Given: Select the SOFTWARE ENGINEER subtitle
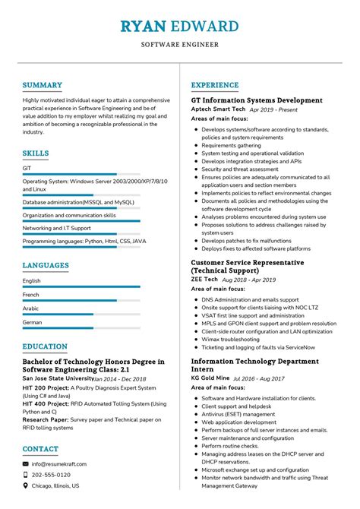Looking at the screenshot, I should (179, 45).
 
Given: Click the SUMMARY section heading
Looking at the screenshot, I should (42, 85).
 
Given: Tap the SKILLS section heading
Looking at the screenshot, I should (36, 153).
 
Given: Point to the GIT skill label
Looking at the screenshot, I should (27, 168).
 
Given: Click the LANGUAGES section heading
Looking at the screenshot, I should (46, 266).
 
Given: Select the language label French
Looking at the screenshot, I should (31, 295).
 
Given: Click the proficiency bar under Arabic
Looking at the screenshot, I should (81, 315).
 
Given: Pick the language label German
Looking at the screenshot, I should (33, 322).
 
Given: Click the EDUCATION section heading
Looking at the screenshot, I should (45, 347).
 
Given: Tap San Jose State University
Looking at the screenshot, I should (58, 378).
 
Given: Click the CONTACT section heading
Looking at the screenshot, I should (40, 449).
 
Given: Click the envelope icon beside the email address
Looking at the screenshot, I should (26, 463).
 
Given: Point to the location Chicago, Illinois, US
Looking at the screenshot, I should (66, 485).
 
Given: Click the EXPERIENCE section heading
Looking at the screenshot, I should (215, 85).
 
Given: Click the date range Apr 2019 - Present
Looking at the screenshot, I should (273, 110).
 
